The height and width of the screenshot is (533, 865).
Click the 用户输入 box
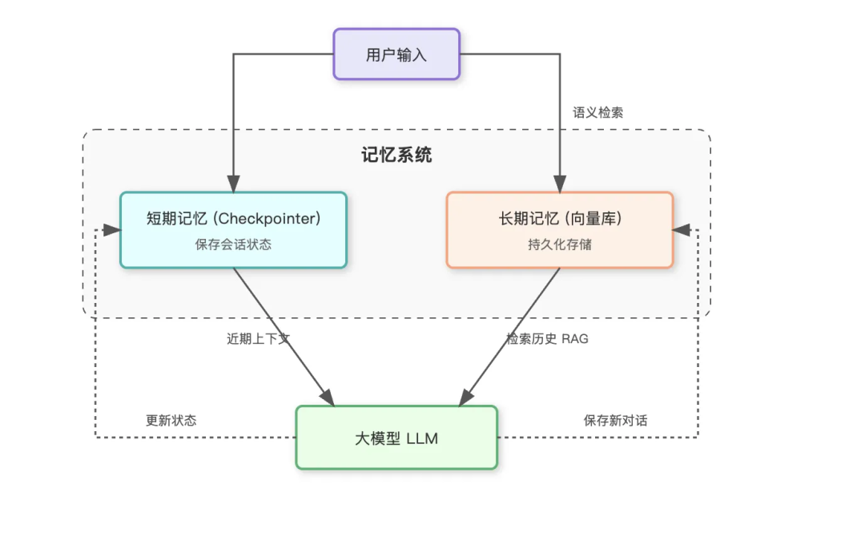(x=396, y=54)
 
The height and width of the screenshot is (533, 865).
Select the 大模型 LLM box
(x=396, y=438)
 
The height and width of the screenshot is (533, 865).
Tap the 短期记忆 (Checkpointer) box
(x=233, y=229)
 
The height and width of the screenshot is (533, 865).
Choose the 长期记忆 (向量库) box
(x=559, y=229)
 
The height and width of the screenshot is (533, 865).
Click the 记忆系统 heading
(x=396, y=155)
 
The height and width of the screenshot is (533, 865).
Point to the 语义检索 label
(x=597, y=113)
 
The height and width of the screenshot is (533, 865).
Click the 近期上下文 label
(x=258, y=339)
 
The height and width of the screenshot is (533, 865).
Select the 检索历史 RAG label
(x=547, y=339)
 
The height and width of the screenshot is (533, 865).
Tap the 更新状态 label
(x=171, y=420)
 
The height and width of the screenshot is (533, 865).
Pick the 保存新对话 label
(x=615, y=420)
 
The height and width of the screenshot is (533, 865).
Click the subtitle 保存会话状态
(x=233, y=244)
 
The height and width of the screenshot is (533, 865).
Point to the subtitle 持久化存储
(x=559, y=244)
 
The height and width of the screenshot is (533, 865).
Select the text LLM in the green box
(x=422, y=438)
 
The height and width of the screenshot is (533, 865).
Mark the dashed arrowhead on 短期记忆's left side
(x=113, y=230)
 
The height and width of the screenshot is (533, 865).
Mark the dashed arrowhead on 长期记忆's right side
(x=681, y=230)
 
